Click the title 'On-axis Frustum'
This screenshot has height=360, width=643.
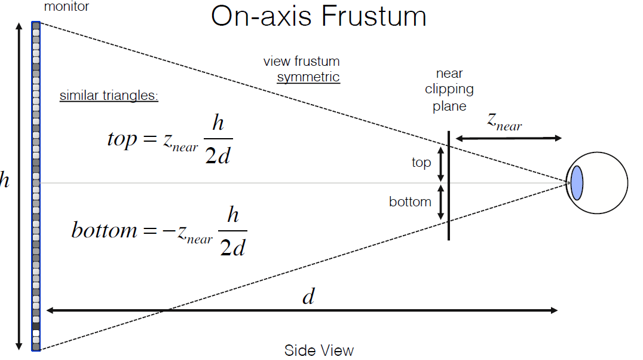click(x=319, y=16)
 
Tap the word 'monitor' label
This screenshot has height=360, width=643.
click(x=66, y=6)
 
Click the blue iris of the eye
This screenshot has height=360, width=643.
click(x=577, y=182)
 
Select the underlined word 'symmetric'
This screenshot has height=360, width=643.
click(x=308, y=77)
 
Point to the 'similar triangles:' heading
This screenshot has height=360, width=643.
click(x=109, y=95)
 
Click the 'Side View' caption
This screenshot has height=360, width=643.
click(x=319, y=350)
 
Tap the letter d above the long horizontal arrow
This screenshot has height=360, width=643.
click(x=309, y=296)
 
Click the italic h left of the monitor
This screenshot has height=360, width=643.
click(x=4, y=180)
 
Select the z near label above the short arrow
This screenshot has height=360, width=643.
click(x=504, y=122)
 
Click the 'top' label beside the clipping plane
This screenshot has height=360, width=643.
click(x=421, y=162)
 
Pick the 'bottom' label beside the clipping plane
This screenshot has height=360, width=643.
click(x=410, y=202)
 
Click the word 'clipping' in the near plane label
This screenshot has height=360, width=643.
click(x=449, y=89)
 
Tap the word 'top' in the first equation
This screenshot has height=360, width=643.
click(x=122, y=139)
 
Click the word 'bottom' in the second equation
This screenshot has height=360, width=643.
click(x=104, y=230)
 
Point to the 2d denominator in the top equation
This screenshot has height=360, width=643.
click(x=218, y=156)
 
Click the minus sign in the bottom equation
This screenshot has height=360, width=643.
click(x=169, y=231)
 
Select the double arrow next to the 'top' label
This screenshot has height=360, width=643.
click(x=441, y=164)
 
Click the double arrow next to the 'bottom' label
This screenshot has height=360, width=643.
click(x=441, y=202)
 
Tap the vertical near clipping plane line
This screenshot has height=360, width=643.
click(x=449, y=185)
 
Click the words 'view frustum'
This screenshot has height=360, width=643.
click(x=301, y=61)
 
